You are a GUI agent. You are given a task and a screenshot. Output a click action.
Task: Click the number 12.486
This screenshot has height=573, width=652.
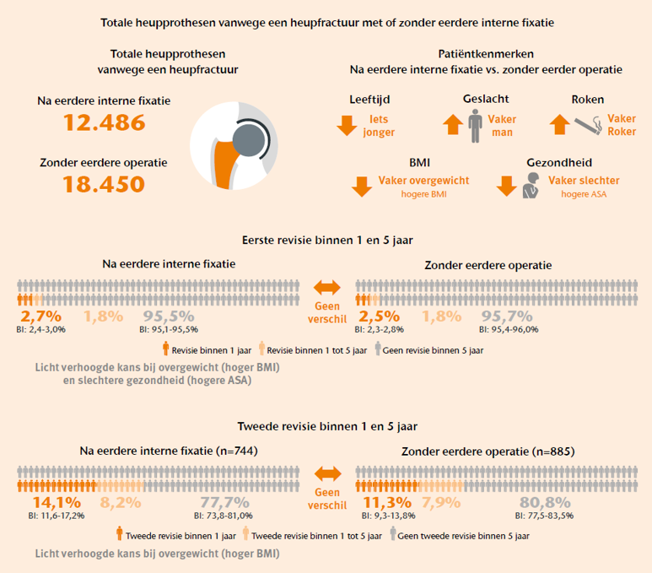[105, 122]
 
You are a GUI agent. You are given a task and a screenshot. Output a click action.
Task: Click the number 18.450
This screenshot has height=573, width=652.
[104, 184]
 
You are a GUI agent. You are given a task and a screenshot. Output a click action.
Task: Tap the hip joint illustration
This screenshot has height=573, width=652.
[234, 146]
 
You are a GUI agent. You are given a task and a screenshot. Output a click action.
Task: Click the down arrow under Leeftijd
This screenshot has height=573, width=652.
[347, 126]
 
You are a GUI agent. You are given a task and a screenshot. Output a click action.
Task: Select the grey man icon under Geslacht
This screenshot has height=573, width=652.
[475, 126]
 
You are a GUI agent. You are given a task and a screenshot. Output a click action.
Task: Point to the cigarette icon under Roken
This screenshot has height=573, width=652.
[588, 125]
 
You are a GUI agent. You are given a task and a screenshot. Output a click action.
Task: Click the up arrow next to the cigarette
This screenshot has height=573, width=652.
[560, 124]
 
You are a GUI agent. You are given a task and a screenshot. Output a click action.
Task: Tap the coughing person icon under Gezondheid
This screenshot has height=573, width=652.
[531, 185]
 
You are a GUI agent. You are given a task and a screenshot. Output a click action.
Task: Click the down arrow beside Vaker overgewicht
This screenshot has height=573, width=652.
[362, 186]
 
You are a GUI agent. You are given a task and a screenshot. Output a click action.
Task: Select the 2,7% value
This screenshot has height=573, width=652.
[40, 316]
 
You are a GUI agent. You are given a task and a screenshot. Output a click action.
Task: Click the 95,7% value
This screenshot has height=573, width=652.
[507, 316]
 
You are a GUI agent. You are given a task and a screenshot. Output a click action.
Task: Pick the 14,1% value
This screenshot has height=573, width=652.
[57, 503]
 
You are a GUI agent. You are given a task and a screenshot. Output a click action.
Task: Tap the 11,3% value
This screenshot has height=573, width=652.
[387, 503]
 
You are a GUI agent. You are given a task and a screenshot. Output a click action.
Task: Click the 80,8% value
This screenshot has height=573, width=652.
[545, 503]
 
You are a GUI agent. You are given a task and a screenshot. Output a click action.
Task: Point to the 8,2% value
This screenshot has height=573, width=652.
[121, 503]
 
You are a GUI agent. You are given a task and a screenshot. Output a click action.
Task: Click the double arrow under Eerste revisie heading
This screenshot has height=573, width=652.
[327, 287]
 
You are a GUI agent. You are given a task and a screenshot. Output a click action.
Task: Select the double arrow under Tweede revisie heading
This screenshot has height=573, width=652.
[327, 473]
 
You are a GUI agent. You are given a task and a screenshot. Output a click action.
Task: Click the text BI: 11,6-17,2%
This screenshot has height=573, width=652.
[57, 516]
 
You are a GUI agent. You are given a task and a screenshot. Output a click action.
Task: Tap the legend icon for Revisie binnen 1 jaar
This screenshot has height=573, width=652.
[166, 349]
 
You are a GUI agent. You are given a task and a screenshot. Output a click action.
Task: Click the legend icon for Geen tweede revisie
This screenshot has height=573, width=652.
[392, 533]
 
